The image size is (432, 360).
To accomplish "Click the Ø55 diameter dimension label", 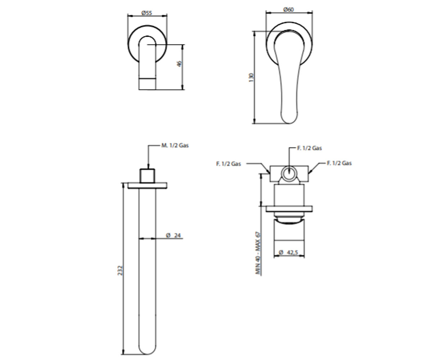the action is (147, 13).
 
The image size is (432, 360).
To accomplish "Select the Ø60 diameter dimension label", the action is (288, 9).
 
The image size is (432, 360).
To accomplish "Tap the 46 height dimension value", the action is (179, 63).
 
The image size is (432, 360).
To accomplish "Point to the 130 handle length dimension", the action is (251, 77).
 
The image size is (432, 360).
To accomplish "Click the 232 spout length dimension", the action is (120, 270).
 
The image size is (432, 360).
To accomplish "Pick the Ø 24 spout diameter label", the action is (174, 235).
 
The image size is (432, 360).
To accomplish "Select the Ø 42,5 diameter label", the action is (288, 252).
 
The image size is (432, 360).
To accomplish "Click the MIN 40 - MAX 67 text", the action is (258, 253).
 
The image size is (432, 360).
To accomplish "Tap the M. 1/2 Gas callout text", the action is (175, 145).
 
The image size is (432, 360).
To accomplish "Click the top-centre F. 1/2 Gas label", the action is (310, 148).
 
